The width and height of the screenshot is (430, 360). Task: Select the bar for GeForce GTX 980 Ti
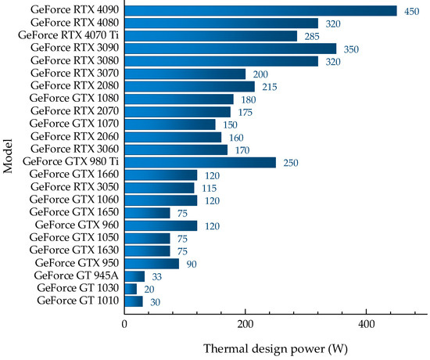click(200, 162)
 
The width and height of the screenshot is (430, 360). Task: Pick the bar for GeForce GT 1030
click(131, 289)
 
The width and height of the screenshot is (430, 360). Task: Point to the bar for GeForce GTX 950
click(152, 263)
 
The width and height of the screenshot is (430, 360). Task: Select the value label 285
click(311, 36)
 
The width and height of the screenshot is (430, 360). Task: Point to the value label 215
click(269, 87)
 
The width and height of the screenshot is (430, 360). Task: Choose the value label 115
click(209, 188)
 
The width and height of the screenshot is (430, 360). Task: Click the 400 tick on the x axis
click(366, 322)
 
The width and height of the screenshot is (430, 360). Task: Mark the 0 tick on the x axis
click(125, 322)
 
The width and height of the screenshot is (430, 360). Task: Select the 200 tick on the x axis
click(245, 322)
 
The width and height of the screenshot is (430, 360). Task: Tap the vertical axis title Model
click(9, 155)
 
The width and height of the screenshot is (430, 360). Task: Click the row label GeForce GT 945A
click(77, 275)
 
